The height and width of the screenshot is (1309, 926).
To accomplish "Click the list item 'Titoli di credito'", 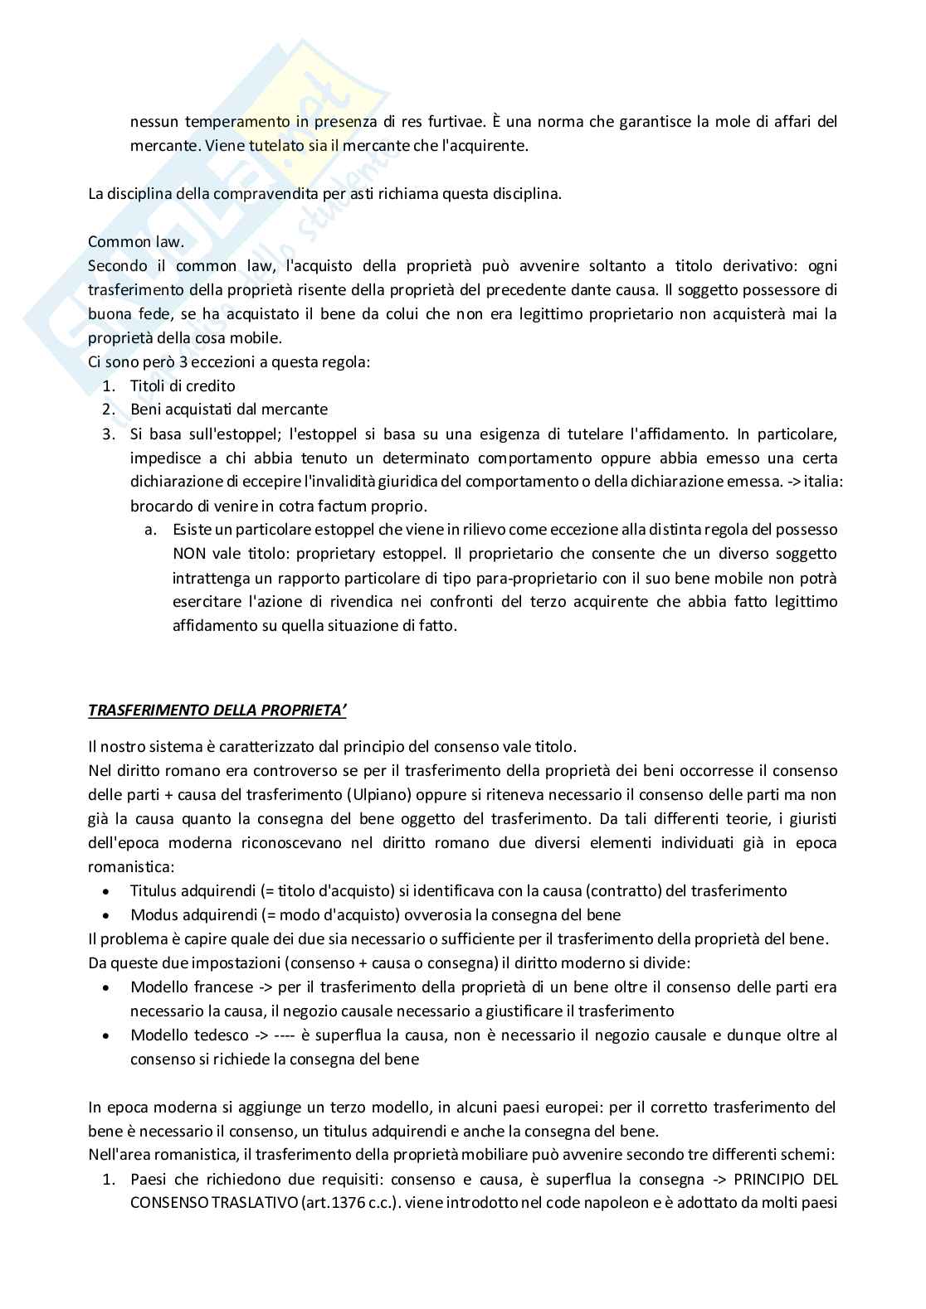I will tap(183, 385).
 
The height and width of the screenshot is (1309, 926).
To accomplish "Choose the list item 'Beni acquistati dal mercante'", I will tap(229, 410).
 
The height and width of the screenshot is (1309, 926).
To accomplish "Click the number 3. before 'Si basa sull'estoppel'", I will tap(108, 434).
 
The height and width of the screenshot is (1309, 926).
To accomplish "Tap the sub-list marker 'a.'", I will tap(150, 529).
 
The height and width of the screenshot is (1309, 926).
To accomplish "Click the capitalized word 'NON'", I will tap(189, 554).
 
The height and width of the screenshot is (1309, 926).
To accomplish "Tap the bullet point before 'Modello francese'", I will tap(107, 987).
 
